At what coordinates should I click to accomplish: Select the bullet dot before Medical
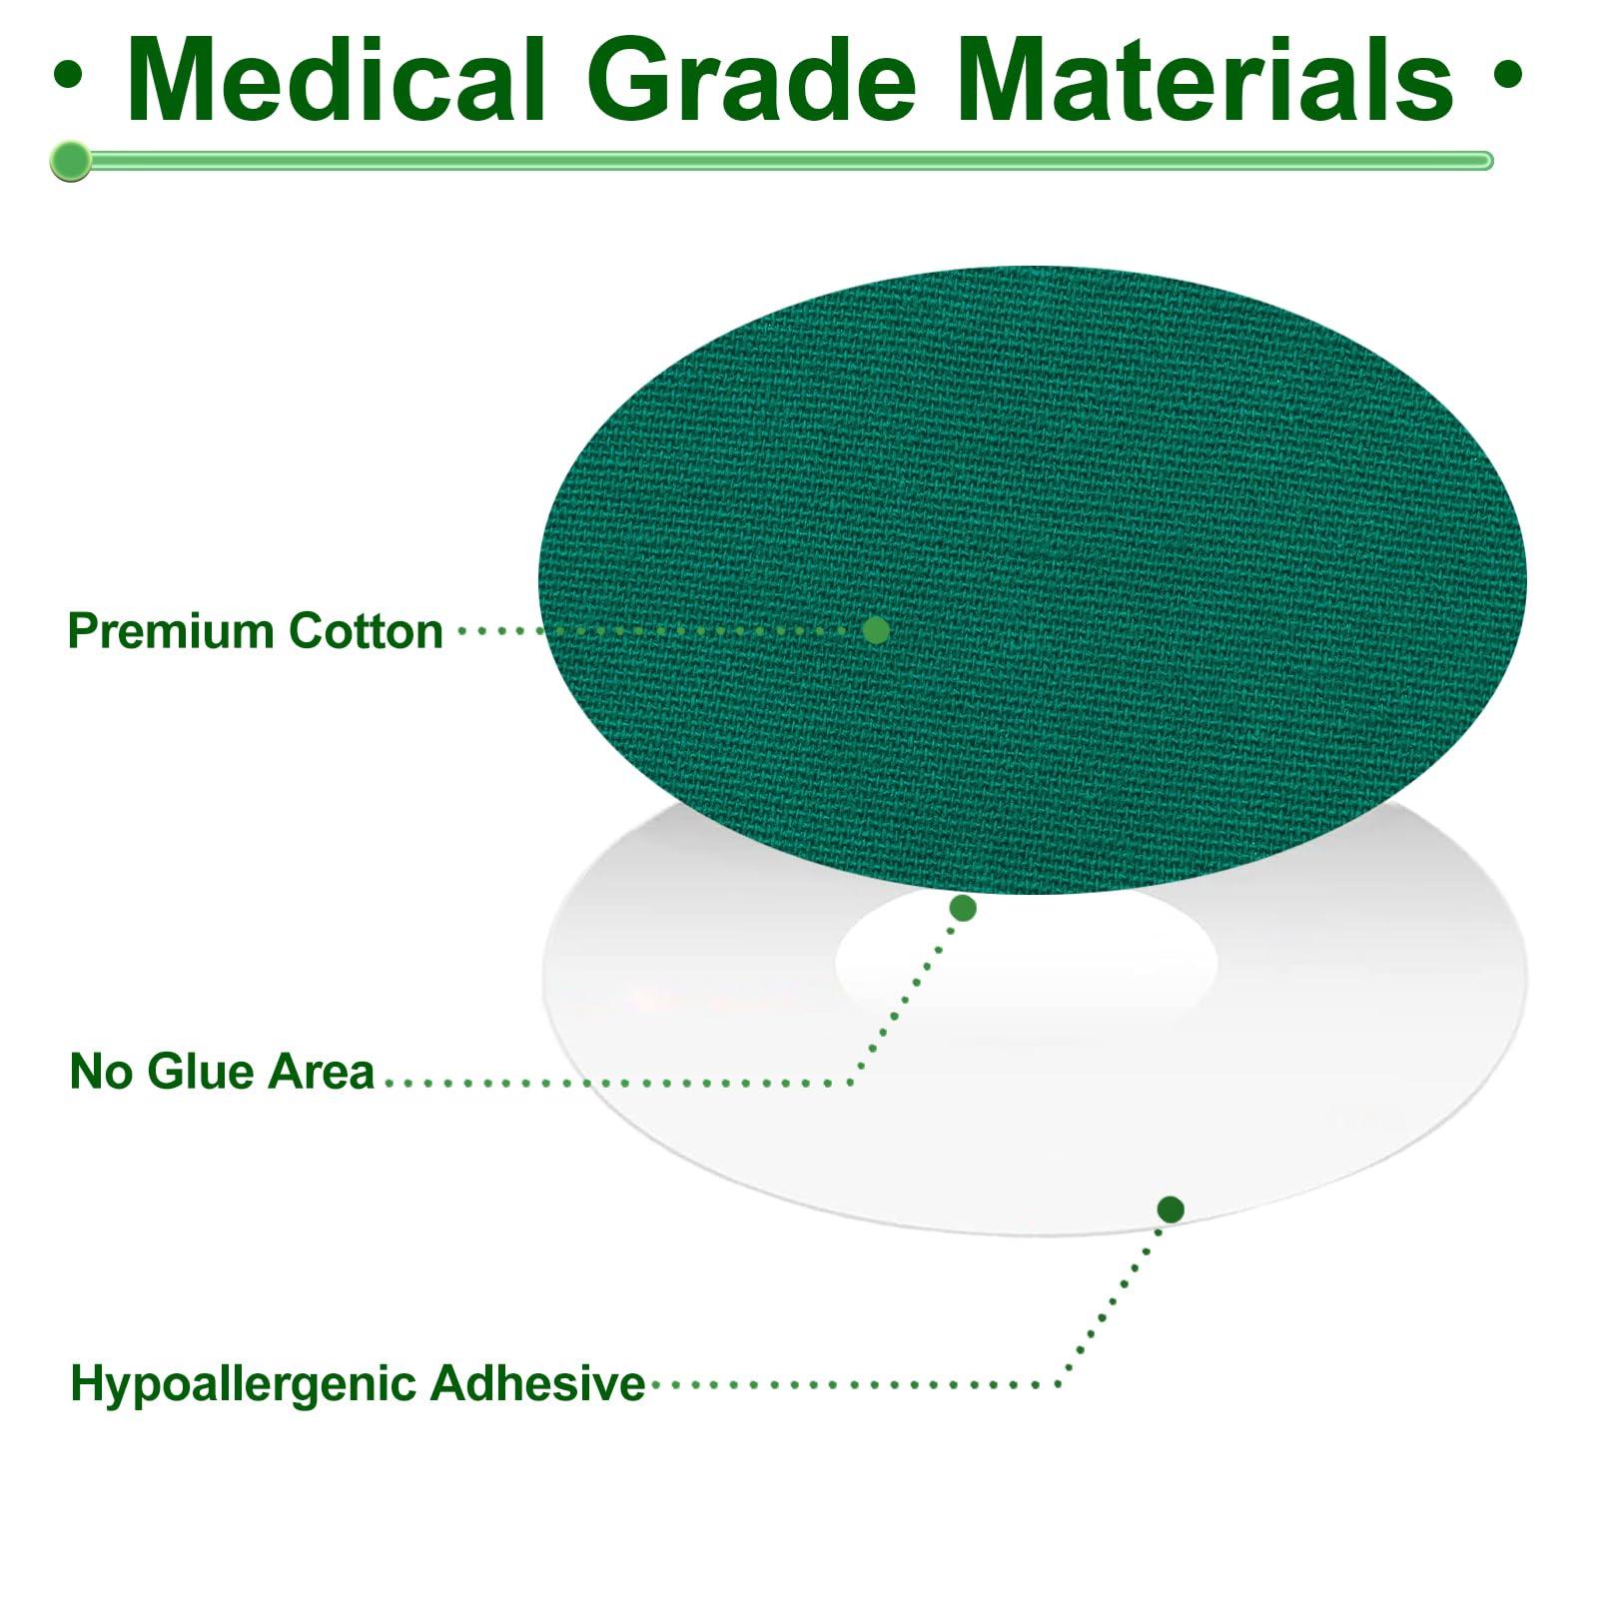point(69,76)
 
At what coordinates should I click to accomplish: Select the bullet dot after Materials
point(1508,76)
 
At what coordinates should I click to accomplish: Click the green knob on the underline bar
point(70,161)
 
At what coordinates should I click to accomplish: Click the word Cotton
point(366,631)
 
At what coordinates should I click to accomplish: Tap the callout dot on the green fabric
point(876,630)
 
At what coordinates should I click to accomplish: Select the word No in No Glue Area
point(101,1072)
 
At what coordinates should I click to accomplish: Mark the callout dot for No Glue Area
point(963,908)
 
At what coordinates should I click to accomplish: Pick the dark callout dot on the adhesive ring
point(1171,1209)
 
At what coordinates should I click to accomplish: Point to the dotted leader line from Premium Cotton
point(659,630)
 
